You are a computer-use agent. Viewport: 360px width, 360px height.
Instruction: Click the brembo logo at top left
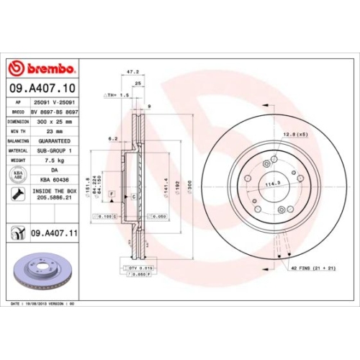click(x=41, y=68)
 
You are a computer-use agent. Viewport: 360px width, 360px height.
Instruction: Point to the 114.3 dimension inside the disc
click(x=273, y=184)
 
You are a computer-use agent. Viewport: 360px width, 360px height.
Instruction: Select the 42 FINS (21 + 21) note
click(x=314, y=268)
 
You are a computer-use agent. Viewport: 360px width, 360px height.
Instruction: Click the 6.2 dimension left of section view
click(x=112, y=139)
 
